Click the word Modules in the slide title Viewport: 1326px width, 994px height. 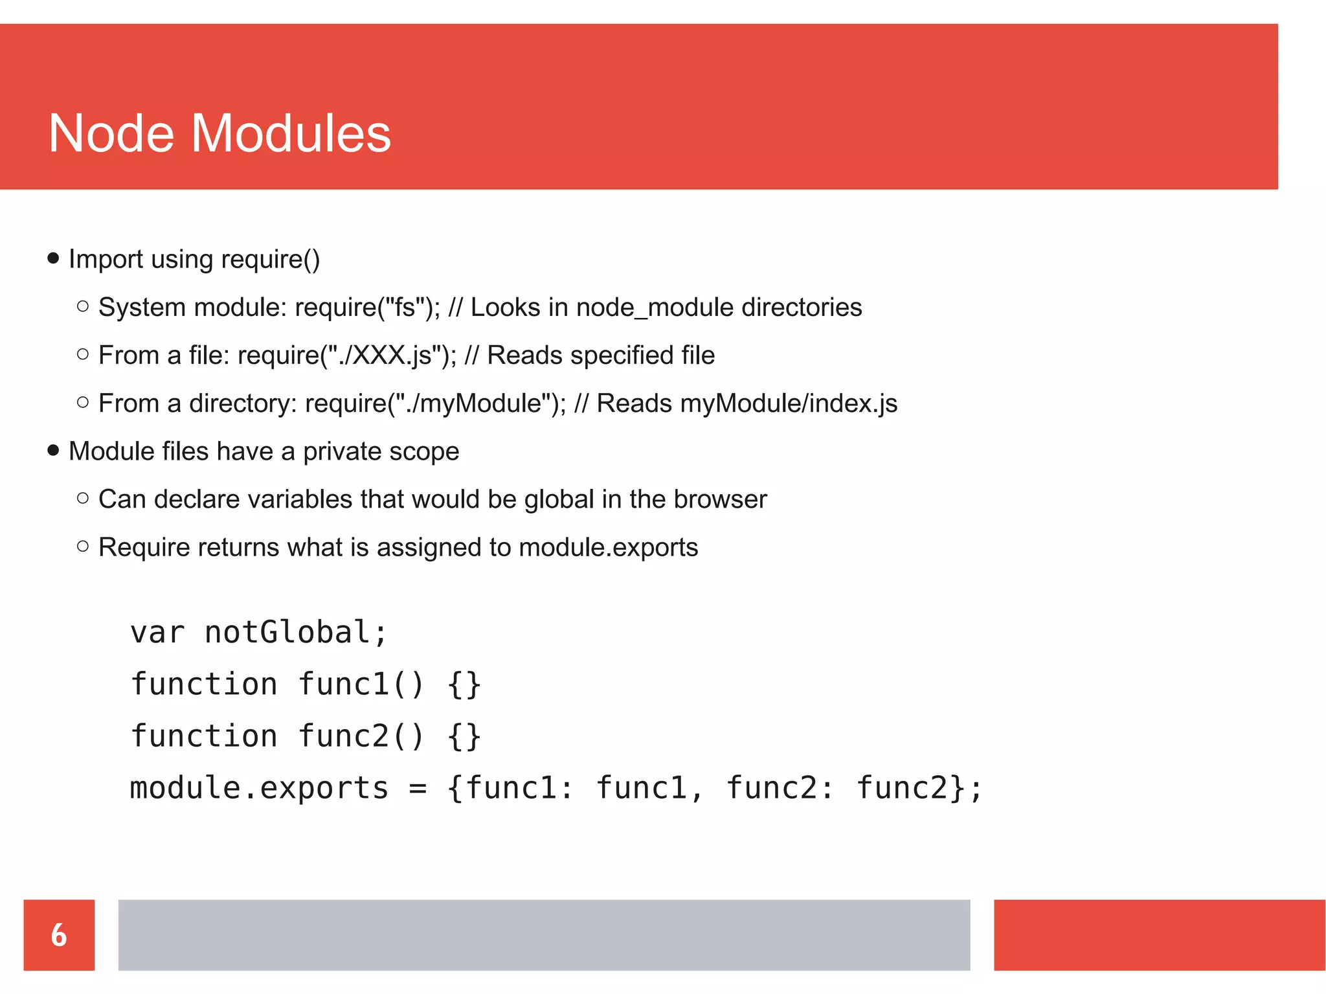pyautogui.click(x=291, y=133)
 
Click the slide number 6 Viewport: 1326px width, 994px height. pyautogui.click(x=59, y=934)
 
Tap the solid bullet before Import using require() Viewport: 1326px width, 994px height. pyautogui.click(x=53, y=259)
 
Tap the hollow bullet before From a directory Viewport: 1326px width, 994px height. pyautogui.click(x=82, y=402)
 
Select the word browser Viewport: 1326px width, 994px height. pyautogui.click(x=719, y=499)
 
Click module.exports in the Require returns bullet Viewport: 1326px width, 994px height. pyautogui.click(x=608, y=548)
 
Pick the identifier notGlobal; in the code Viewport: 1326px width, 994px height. pyautogui.click(x=296, y=633)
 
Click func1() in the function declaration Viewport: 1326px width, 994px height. pyautogui.click(x=361, y=684)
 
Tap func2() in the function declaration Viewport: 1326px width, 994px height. pyautogui.click(x=361, y=736)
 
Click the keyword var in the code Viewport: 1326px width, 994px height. pyautogui.click(x=157, y=633)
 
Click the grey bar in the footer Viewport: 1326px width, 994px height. pyautogui.click(x=544, y=934)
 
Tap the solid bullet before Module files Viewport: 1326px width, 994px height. pyautogui.click(x=53, y=451)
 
